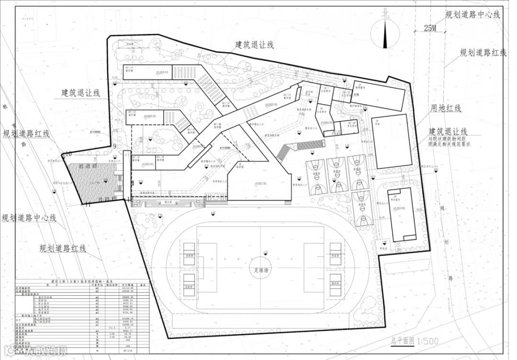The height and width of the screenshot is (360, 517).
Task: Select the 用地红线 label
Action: [445, 108]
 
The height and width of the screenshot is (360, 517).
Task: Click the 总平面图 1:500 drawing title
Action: [407, 342]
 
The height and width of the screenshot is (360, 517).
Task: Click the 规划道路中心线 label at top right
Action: [472, 14]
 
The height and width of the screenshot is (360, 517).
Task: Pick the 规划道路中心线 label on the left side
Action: [29, 218]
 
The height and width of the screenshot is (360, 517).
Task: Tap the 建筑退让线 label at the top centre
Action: [254, 45]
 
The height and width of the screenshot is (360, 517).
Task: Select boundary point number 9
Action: [115, 146]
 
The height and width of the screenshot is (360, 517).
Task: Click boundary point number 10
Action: [68, 154]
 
